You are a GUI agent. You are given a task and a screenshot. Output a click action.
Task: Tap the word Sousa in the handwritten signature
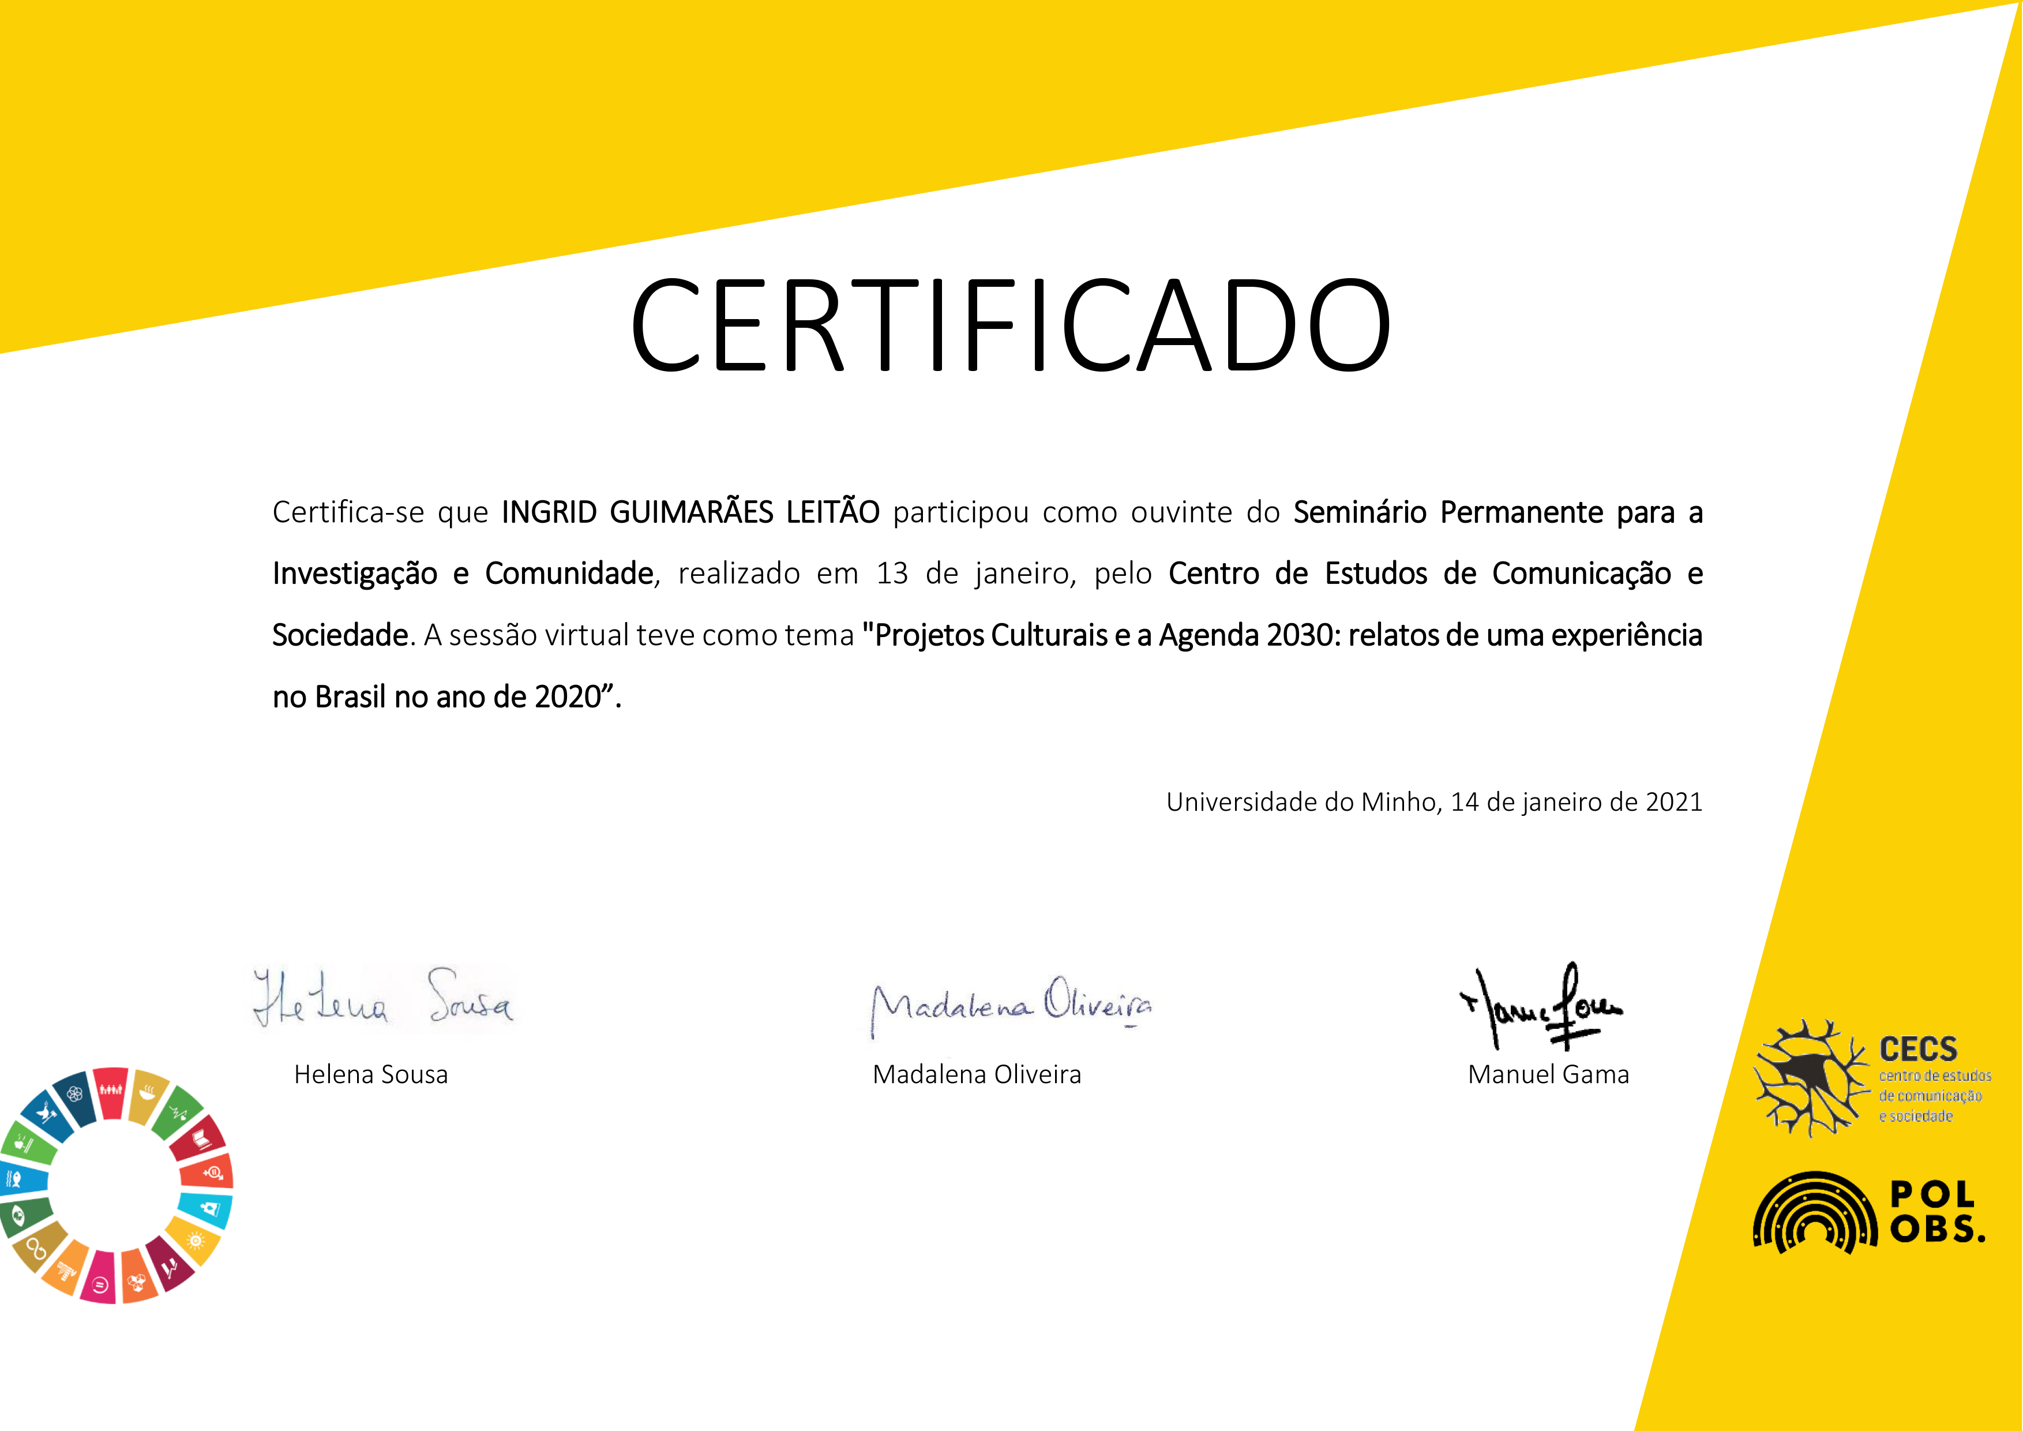[x=470, y=997]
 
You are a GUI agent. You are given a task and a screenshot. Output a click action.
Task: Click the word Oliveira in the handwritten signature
[x=1098, y=1001]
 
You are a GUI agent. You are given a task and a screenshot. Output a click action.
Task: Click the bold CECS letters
[x=1918, y=1050]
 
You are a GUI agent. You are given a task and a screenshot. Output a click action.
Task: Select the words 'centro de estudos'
[x=1935, y=1076]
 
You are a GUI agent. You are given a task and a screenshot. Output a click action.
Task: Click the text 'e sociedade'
[x=1916, y=1117]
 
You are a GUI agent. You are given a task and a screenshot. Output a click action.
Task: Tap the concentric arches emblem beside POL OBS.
[x=1815, y=1214]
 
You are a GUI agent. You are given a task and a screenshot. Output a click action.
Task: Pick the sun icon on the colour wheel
[x=195, y=1241]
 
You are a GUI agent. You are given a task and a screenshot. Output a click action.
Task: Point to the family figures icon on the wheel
[x=110, y=1091]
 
